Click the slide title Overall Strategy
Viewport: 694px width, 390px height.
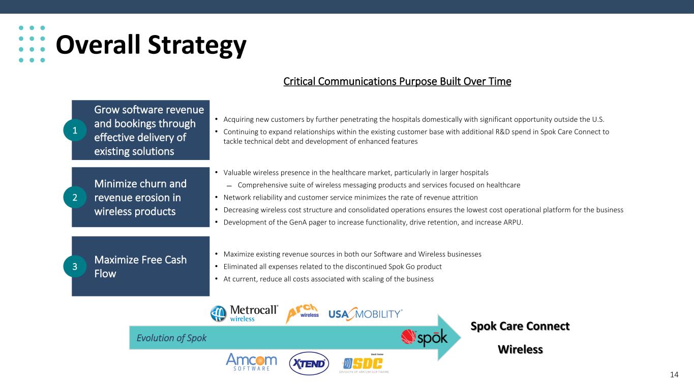pos(151,46)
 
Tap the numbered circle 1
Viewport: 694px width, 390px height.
pos(75,131)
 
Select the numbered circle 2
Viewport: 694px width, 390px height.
pos(75,197)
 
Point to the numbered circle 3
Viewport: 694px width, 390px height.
pos(75,266)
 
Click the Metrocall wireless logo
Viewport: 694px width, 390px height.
pos(244,313)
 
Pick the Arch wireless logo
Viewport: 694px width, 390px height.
pos(303,313)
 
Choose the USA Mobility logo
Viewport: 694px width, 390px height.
pos(365,314)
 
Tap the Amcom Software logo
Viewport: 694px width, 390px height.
pos(251,362)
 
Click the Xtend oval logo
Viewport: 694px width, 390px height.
pos(309,364)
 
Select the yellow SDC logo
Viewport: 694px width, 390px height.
pos(363,364)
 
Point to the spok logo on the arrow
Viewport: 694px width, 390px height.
pos(424,337)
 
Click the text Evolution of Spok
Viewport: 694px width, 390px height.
pos(171,338)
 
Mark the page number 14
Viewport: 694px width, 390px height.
pos(674,375)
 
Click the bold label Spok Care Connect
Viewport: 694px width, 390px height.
pos(520,326)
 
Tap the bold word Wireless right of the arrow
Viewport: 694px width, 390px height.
pos(521,349)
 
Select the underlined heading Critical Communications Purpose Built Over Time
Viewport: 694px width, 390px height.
pos(397,81)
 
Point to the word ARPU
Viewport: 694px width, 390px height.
pos(513,222)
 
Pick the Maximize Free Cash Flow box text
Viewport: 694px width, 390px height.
pos(140,267)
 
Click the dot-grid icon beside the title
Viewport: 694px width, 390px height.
pos(32,44)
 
